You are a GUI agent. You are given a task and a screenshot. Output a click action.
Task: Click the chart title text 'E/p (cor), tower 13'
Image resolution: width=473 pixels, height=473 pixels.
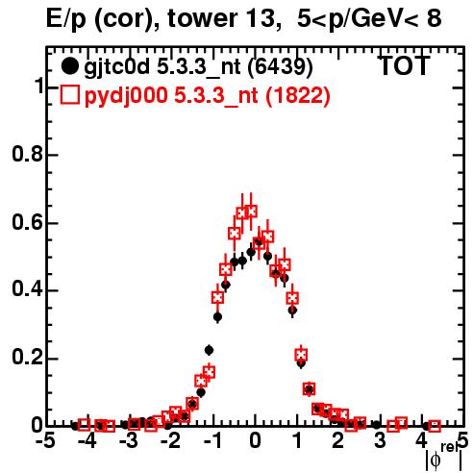pos(162,18)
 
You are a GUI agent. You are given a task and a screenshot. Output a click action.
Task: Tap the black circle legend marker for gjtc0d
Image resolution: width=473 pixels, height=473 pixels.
pos(69,66)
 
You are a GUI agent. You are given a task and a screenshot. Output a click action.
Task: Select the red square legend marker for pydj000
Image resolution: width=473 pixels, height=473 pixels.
pos(69,95)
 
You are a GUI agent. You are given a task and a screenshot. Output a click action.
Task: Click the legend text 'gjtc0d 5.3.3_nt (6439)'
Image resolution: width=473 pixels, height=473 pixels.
pos(198,67)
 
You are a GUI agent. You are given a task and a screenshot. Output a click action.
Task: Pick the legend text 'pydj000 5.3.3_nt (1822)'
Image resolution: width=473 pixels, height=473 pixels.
pos(208,96)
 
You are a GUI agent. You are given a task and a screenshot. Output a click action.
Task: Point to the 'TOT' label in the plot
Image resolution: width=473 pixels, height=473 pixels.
pos(405,66)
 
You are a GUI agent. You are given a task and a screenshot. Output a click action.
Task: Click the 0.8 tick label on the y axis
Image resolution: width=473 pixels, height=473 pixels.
pos(27,154)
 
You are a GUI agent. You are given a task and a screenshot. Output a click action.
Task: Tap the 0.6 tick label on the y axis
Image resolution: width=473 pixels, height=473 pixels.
pos(27,222)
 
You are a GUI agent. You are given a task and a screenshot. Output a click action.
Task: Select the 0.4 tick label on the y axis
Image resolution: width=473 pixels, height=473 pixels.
pos(27,289)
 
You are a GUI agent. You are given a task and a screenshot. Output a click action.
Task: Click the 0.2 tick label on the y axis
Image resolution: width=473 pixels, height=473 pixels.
pos(27,358)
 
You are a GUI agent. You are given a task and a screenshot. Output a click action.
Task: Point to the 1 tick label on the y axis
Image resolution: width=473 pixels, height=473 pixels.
pos(38,87)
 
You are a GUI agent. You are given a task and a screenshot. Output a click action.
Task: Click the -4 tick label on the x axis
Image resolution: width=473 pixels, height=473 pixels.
pos(87,441)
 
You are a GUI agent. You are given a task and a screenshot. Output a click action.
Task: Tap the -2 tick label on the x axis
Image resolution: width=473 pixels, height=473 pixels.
pos(171,441)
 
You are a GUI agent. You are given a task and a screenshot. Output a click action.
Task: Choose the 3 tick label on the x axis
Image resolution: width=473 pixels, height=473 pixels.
pos(380,441)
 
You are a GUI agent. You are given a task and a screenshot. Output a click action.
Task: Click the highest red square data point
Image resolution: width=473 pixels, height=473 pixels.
pos(251,212)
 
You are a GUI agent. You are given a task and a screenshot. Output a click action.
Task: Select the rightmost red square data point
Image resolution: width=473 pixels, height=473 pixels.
pos(435,426)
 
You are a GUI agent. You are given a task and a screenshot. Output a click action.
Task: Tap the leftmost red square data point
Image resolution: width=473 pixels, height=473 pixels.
pos(84,425)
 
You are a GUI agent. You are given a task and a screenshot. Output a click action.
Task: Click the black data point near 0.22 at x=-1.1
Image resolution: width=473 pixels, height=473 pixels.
pos(210,351)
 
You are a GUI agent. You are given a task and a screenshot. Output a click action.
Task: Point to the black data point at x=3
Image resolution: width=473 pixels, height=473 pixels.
pos(377,425)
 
